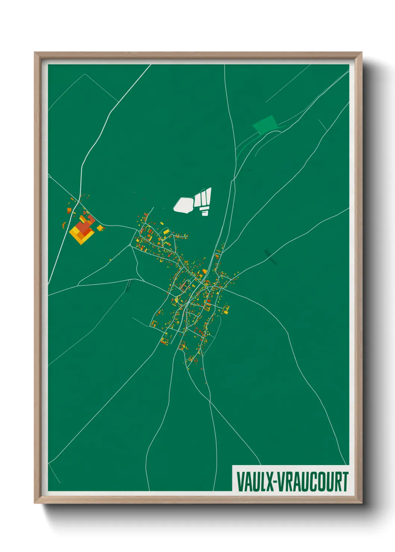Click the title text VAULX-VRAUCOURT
(x=292, y=482)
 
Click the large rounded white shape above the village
(x=183, y=205)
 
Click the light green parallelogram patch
(x=265, y=124)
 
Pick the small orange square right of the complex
(x=100, y=228)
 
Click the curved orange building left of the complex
(x=63, y=225)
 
